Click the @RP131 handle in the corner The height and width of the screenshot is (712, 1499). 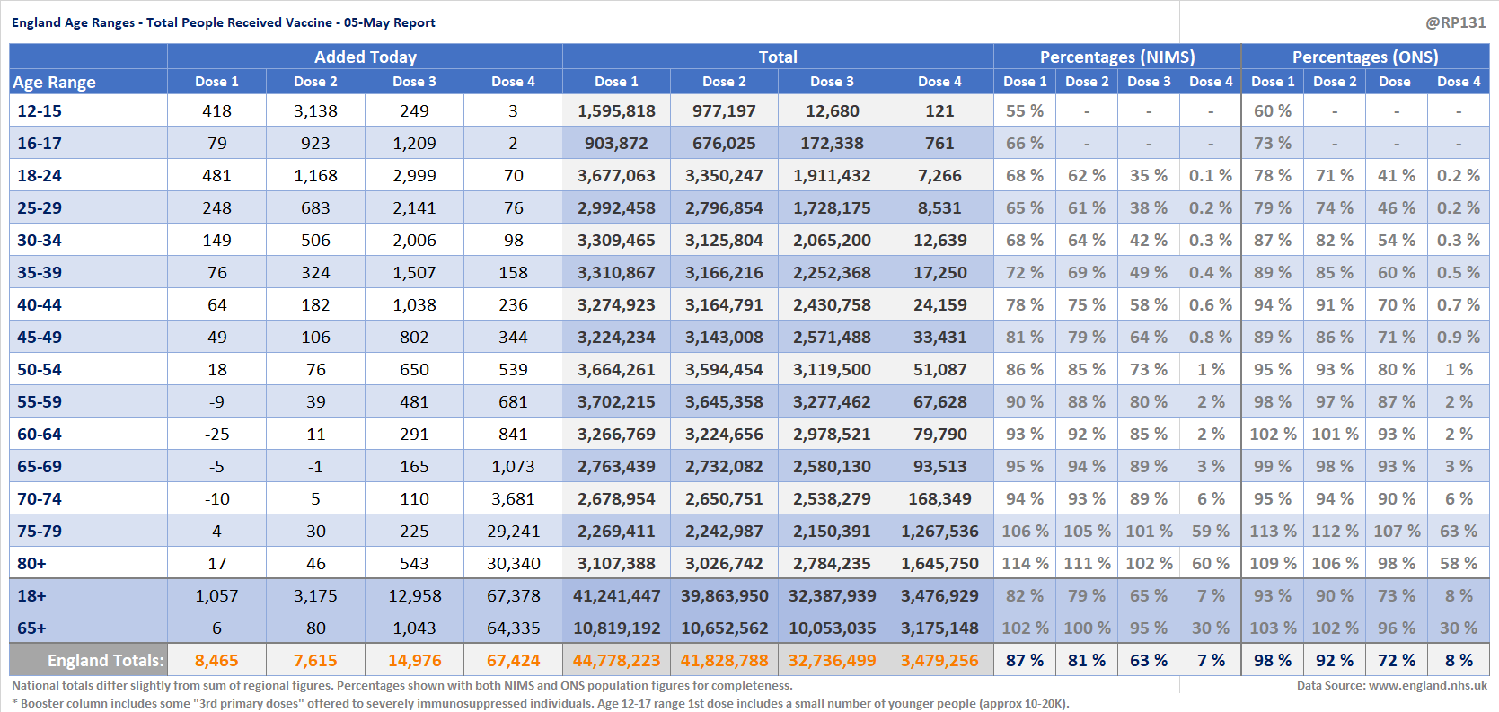1455,22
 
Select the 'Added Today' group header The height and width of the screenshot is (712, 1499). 366,57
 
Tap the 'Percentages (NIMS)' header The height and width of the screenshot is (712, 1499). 1117,57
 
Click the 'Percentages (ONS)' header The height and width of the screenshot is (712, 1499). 1365,57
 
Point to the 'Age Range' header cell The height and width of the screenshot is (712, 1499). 54,83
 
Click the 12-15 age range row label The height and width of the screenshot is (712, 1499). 40,111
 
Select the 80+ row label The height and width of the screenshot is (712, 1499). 31,564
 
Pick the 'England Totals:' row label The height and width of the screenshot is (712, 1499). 105,661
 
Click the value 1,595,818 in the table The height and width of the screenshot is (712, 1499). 616,111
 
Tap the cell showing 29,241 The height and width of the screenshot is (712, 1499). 513,532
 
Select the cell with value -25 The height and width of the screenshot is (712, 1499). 216,435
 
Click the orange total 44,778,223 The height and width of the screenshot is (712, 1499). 616,661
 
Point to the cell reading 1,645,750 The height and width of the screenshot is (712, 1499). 939,564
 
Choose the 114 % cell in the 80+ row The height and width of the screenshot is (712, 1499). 1025,564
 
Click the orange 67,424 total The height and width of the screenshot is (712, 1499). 513,661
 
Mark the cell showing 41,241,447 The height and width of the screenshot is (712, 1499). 616,595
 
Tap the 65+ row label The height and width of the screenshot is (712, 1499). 31,628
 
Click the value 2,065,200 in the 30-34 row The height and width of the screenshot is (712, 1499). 832,241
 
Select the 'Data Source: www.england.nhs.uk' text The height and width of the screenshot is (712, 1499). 1392,686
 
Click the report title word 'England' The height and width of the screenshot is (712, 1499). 36,22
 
